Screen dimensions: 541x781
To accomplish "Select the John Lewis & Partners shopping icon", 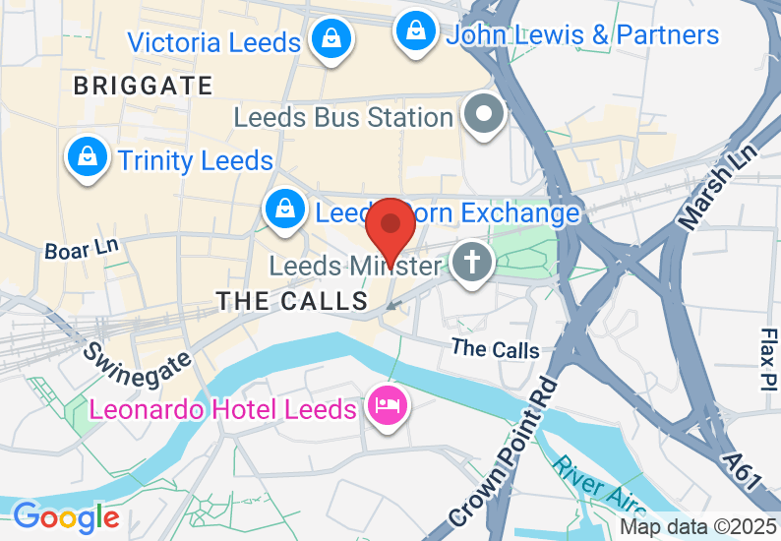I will [x=417, y=31].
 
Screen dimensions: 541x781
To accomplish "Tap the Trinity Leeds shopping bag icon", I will [x=88, y=156].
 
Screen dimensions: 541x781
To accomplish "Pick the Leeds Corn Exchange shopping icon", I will [x=283, y=209].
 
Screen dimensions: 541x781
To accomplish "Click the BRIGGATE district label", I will [x=144, y=87].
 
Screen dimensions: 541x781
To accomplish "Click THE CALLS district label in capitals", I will [x=291, y=301].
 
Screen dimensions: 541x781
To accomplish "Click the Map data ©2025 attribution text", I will [x=697, y=526].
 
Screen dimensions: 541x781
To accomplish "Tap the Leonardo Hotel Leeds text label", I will [x=223, y=408].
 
